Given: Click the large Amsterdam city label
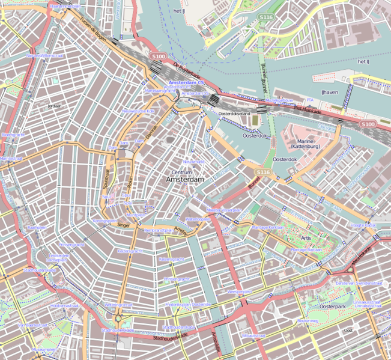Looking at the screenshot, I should [x=185, y=180].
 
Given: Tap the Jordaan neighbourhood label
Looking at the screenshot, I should [x=53, y=106].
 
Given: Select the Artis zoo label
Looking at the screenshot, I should [x=306, y=238].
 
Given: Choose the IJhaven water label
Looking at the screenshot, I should [x=330, y=93].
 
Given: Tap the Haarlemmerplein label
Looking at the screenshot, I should [x=65, y=7].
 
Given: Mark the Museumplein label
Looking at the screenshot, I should [x=44, y=349].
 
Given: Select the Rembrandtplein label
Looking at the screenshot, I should [x=159, y=230].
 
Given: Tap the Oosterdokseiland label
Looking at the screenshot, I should [x=234, y=113].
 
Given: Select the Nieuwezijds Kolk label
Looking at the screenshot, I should [x=138, y=111].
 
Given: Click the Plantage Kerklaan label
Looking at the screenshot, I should [x=268, y=228].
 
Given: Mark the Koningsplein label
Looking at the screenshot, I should [x=105, y=221].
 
